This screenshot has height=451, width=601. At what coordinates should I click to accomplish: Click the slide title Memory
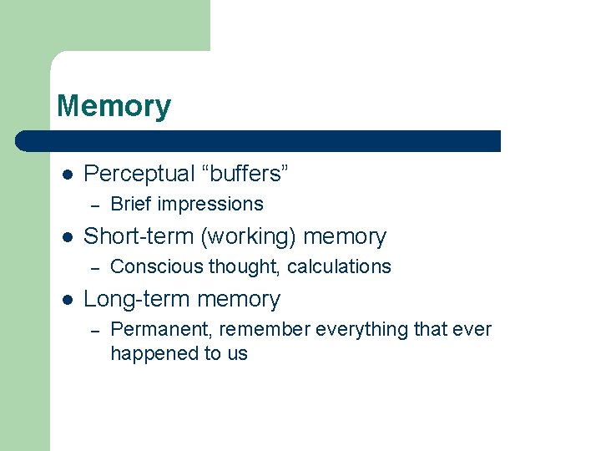(114, 107)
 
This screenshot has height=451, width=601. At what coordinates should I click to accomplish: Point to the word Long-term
(134, 299)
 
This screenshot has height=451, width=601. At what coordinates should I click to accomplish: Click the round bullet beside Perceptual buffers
(68, 175)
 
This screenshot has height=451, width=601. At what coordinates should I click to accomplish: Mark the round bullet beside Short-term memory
(68, 237)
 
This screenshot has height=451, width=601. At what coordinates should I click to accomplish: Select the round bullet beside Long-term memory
(68, 300)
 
